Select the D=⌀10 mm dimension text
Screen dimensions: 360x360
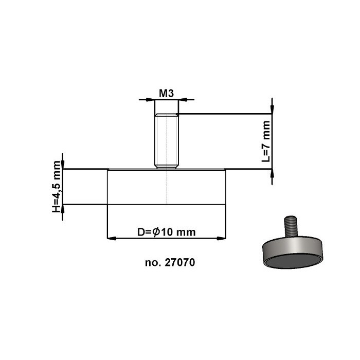167,232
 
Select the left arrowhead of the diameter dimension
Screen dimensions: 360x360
110,238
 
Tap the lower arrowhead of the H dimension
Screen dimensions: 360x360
63,209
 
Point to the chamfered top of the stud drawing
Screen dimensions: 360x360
167,116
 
